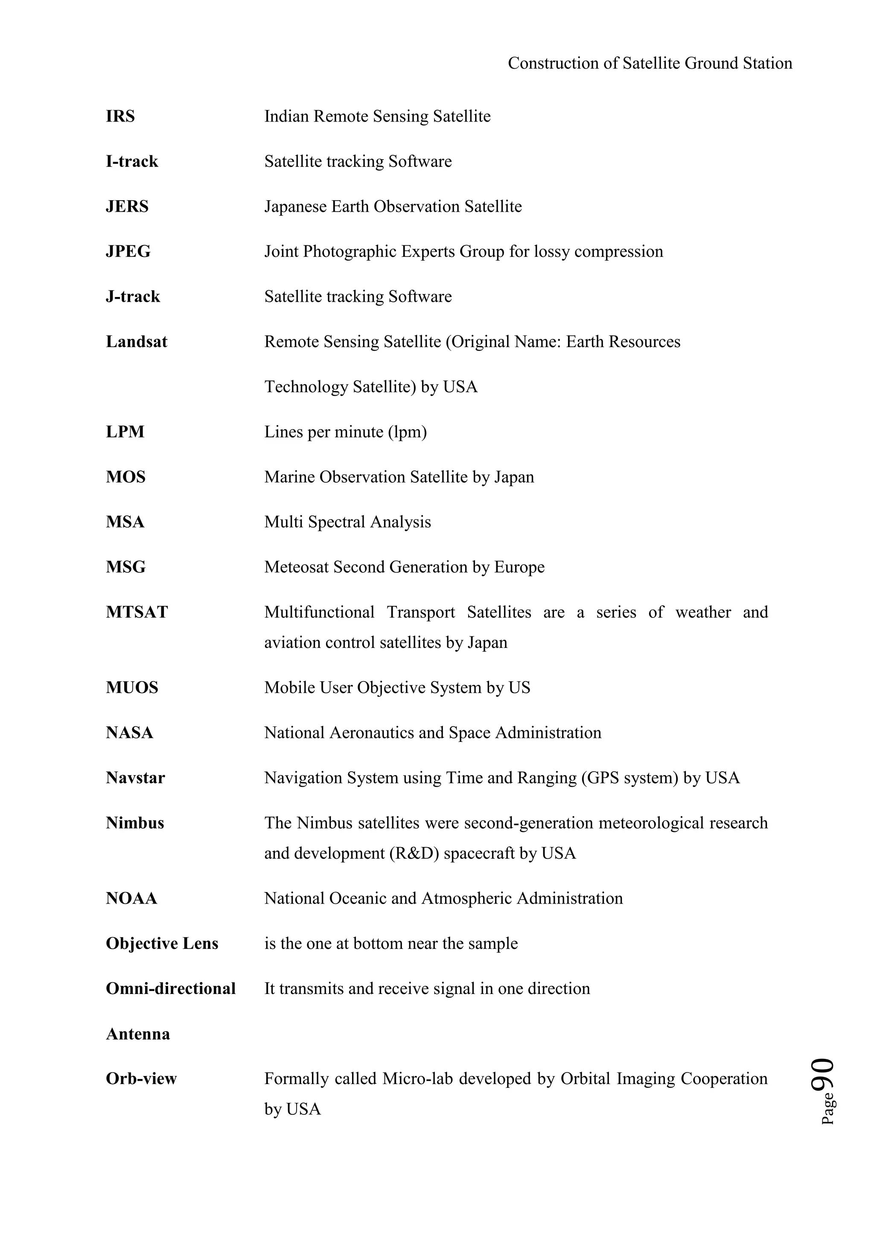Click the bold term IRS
click(120, 116)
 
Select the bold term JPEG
click(128, 251)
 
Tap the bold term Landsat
click(136, 342)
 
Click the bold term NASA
click(129, 733)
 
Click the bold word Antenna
click(138, 1034)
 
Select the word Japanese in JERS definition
click(295, 207)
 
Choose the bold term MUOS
click(132, 688)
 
